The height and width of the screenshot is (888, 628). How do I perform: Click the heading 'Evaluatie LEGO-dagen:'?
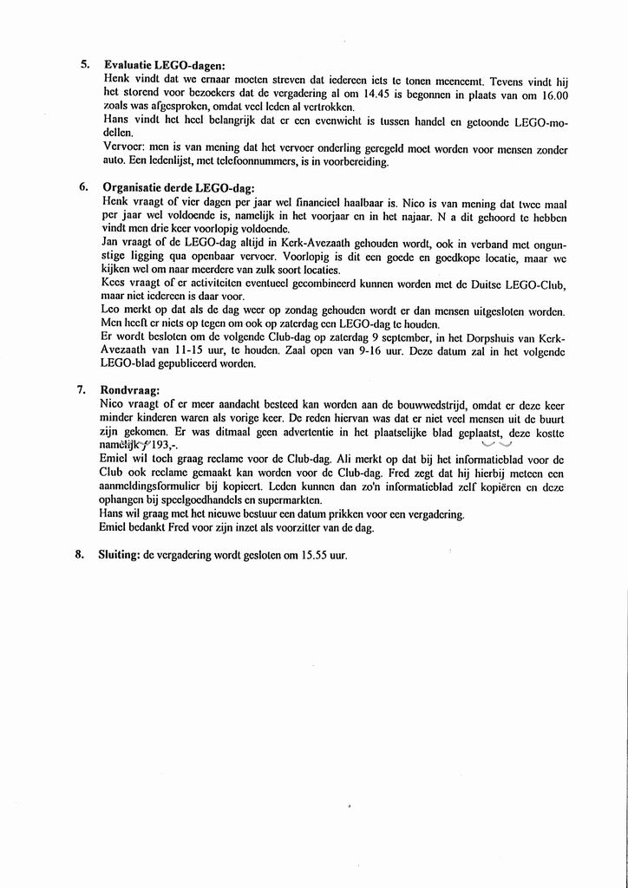click(164, 65)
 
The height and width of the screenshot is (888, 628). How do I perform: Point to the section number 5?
click(84, 65)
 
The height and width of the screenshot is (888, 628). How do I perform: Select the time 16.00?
click(552, 93)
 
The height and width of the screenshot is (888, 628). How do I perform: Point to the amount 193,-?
click(162, 445)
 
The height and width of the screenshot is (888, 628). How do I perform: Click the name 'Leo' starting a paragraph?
click(111, 310)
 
